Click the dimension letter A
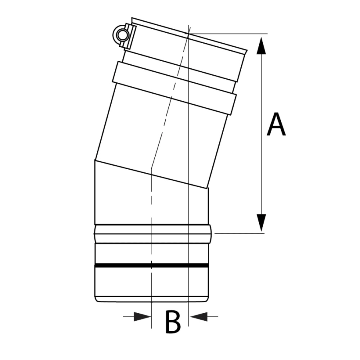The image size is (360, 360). click(276, 125)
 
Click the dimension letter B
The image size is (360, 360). click(173, 322)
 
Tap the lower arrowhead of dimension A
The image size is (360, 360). click(261, 222)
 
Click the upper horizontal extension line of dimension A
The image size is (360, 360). click(232, 33)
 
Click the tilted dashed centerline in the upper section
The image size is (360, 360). click(170, 100)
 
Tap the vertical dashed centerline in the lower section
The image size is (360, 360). click(151, 208)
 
